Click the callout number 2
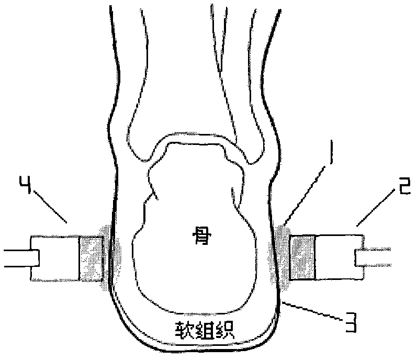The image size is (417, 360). coord(402,187)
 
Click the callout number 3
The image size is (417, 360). coord(350,322)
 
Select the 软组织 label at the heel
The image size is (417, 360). coord(204,330)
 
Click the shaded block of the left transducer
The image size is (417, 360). coord(91,258)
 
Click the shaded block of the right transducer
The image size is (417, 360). coord(303,257)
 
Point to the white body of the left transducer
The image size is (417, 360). coord(55,258)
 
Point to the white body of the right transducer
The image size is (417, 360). coord(339,257)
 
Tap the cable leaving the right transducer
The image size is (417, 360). coord(373,257)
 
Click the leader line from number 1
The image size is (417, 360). coord(305,195)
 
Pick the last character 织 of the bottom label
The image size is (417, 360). coord(225,330)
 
